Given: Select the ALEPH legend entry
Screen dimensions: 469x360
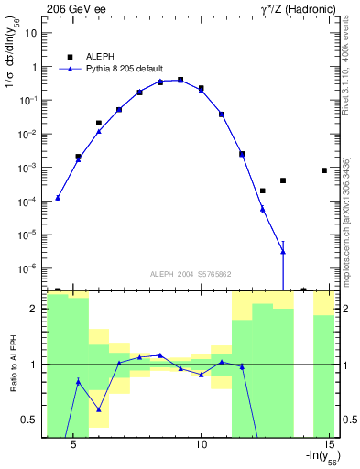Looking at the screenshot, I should click(x=95, y=55).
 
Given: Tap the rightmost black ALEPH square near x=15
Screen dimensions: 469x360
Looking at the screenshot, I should click(x=324, y=170).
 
